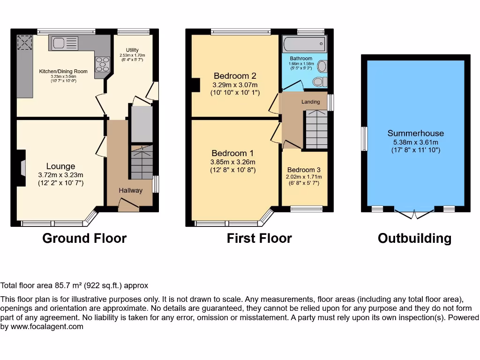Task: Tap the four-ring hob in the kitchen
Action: pyautogui.click(x=102, y=64)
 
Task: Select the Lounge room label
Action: pyautogui.click(x=60, y=166)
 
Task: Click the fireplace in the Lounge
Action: pyautogui.click(x=22, y=168)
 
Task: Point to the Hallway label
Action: pyautogui.click(x=130, y=190)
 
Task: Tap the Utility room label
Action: pyautogui.click(x=132, y=50)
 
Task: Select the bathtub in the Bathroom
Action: pyautogui.click(x=304, y=45)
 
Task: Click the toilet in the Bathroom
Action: pyautogui.click(x=319, y=82)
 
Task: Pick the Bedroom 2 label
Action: pyautogui.click(x=235, y=76)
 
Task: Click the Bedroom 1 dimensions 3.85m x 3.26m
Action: pyautogui.click(x=232, y=162)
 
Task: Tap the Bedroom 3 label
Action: pyautogui.click(x=304, y=170)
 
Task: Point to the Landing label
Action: pyautogui.click(x=310, y=102)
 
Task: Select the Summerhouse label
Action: pyautogui.click(x=415, y=133)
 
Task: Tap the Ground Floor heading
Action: pyautogui.click(x=84, y=238)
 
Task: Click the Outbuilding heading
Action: pyautogui.click(x=414, y=238)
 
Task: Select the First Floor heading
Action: pyautogui.click(x=259, y=238)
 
